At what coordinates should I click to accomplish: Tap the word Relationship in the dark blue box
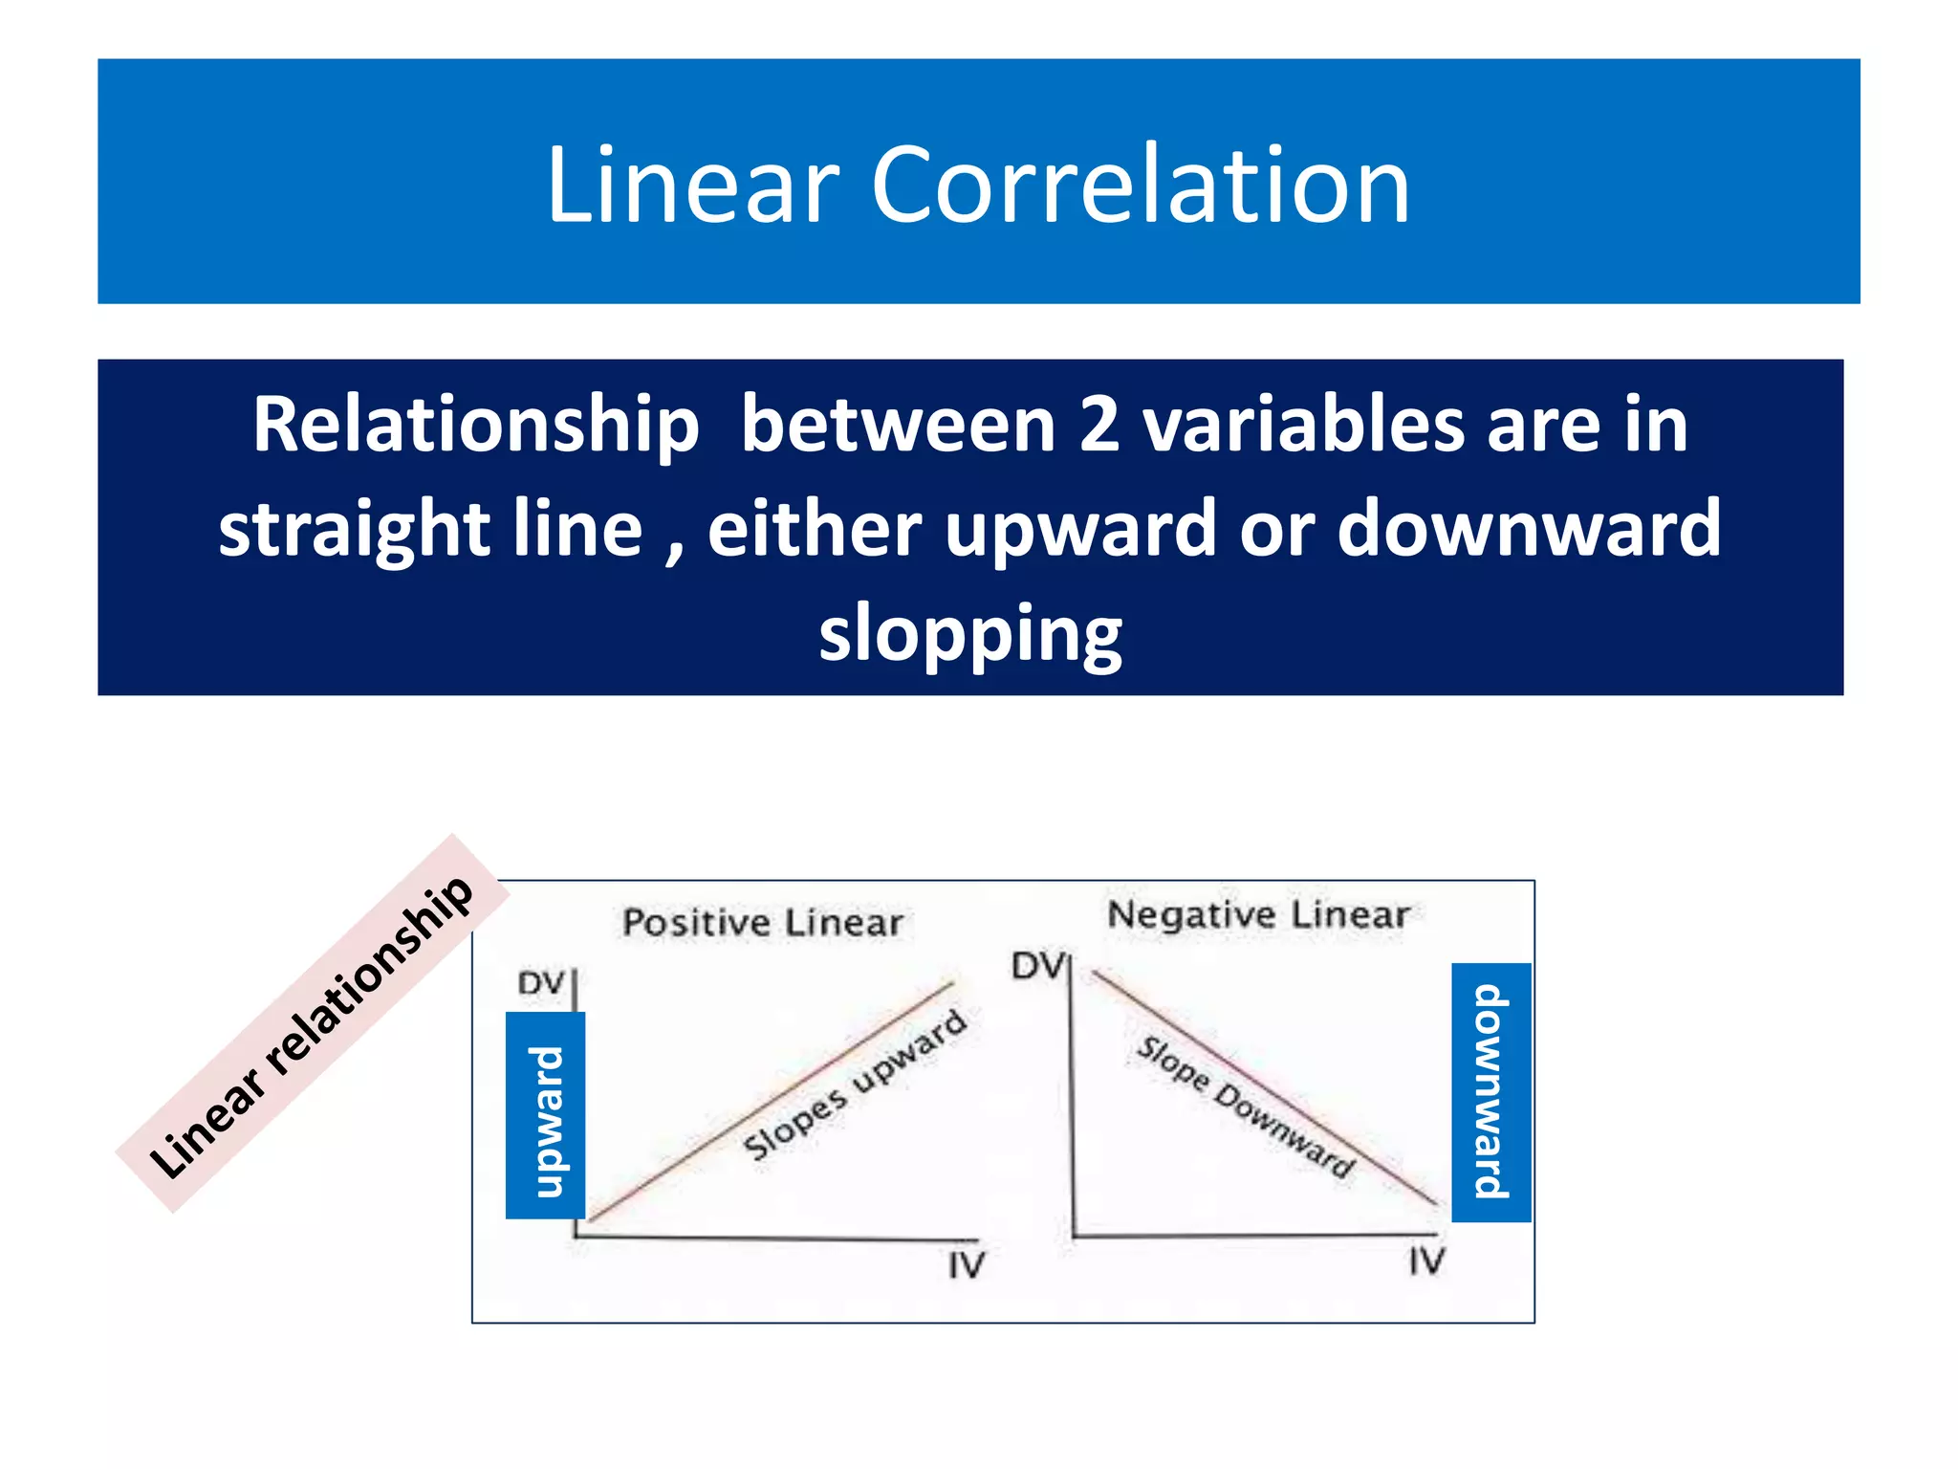pyautogui.click(x=475, y=426)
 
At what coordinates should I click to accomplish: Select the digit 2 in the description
pyautogui.click(x=1099, y=426)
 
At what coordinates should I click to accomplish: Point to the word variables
pyautogui.click(x=1303, y=426)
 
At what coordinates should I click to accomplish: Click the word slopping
pyautogui.click(x=970, y=634)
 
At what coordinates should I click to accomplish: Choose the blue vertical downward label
pyautogui.click(x=1490, y=1092)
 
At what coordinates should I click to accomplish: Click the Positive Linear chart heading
pyautogui.click(x=762, y=923)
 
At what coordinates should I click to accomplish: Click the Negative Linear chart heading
pyautogui.click(x=1257, y=915)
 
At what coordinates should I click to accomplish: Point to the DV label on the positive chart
pyautogui.click(x=541, y=983)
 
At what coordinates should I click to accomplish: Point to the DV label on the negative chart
pyautogui.click(x=1037, y=966)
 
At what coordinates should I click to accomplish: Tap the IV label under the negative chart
pyautogui.click(x=1426, y=1261)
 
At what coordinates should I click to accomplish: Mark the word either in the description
pyautogui.click(x=814, y=529)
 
